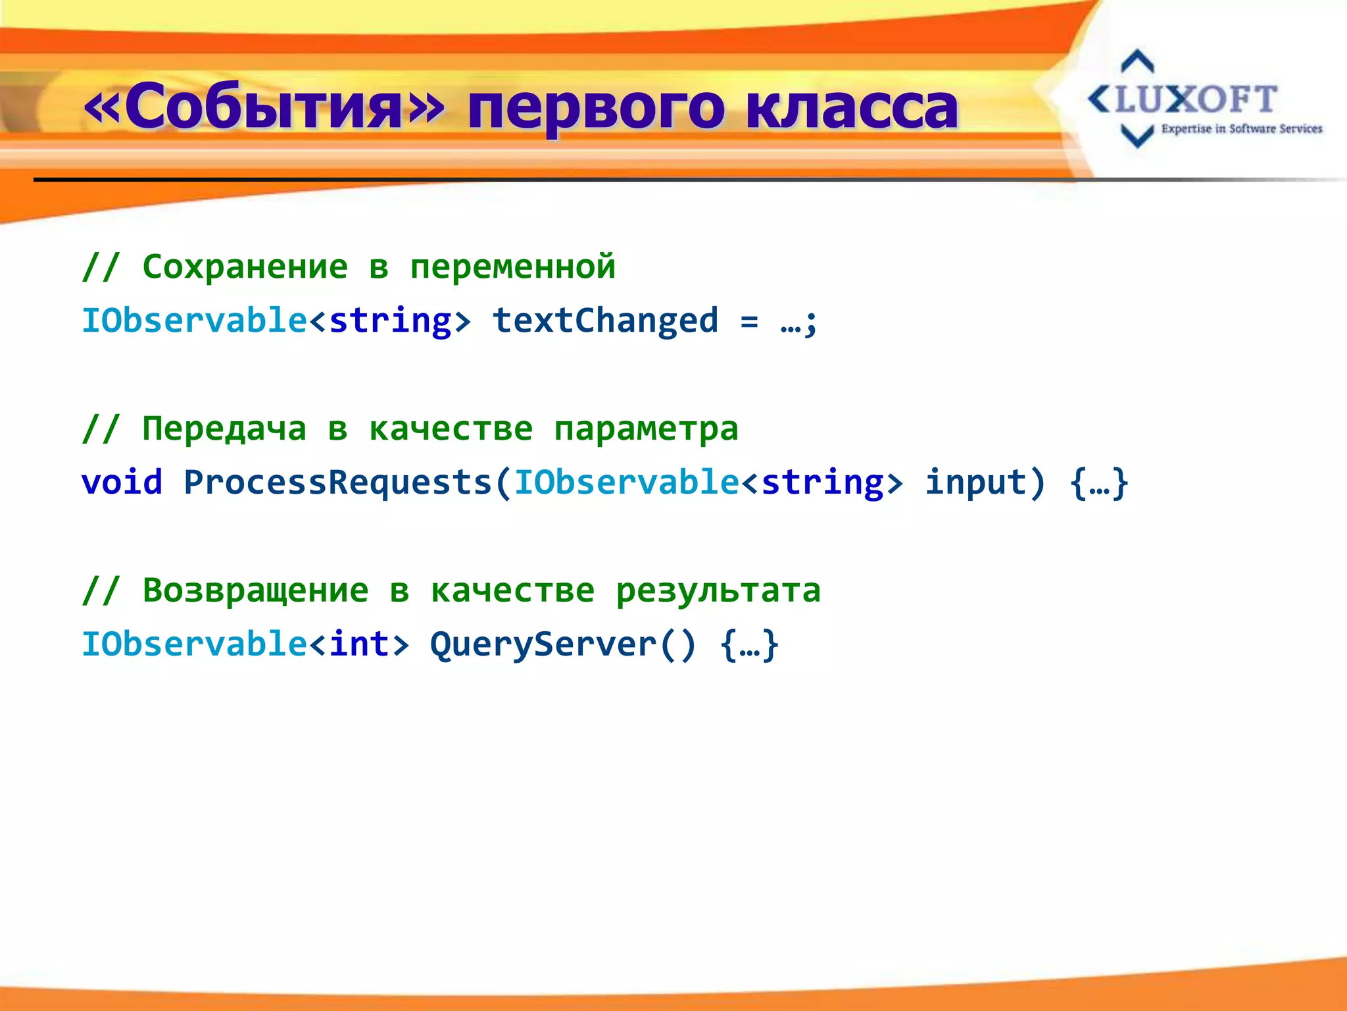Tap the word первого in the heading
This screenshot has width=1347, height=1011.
596,109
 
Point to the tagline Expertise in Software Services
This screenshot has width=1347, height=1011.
1241,129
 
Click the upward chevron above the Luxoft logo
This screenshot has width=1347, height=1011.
1137,61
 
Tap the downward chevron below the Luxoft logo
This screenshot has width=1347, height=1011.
1137,136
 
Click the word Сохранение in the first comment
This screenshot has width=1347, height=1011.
245,267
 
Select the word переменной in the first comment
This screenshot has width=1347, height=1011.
512,267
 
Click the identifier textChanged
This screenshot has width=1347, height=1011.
605,321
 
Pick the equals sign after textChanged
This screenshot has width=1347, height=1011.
749,322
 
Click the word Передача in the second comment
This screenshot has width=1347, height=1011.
224,428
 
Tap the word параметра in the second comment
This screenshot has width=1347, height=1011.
646,430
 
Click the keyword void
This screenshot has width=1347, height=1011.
122,482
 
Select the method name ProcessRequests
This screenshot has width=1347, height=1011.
338,482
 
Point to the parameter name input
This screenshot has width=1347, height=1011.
975,482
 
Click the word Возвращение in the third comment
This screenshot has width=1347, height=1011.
255,590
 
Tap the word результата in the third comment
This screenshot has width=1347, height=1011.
718,590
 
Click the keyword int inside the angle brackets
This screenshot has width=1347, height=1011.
359,644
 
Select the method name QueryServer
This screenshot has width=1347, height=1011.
543,644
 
